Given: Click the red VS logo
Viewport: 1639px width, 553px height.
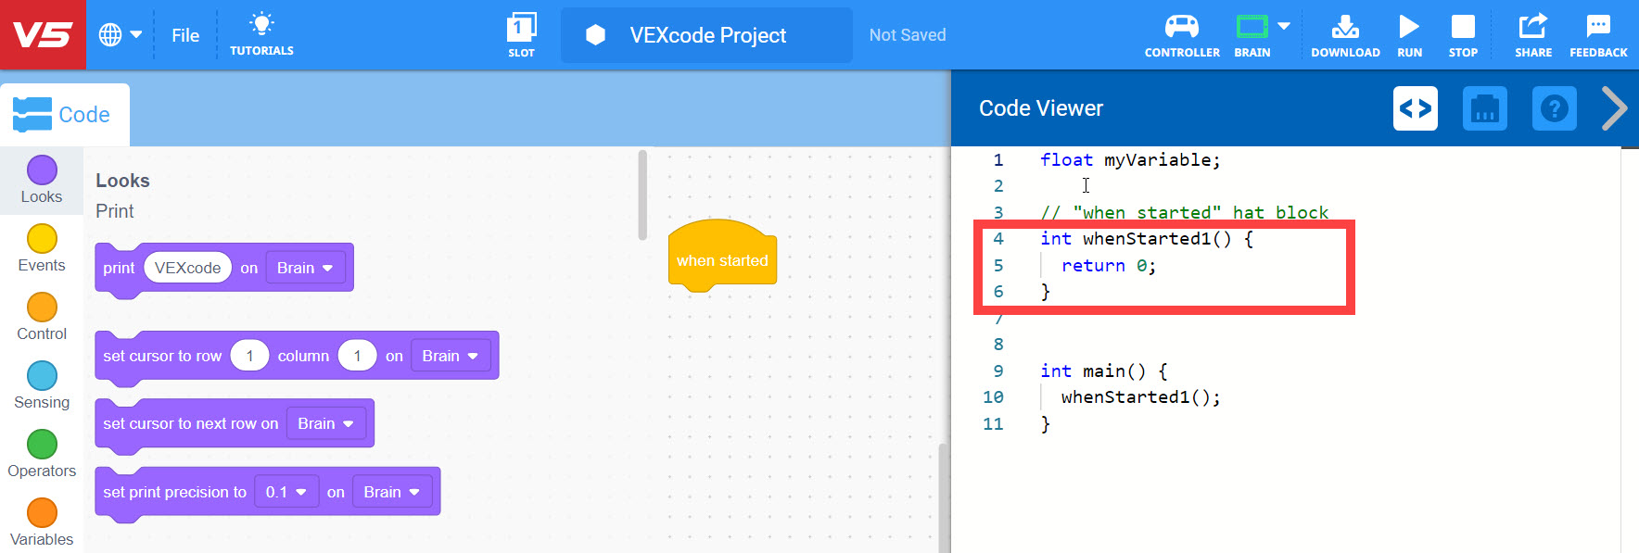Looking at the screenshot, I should pyautogui.click(x=43, y=35).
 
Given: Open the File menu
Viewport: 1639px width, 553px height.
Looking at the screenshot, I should pyautogui.click(x=185, y=35).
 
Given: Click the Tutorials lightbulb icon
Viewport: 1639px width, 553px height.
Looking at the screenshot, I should pyautogui.click(x=261, y=25).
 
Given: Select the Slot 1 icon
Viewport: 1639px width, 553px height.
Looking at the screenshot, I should pyautogui.click(x=521, y=27).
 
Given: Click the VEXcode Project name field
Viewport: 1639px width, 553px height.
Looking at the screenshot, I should pyautogui.click(x=707, y=35).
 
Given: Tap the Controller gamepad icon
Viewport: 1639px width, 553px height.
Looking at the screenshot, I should pyautogui.click(x=1181, y=26).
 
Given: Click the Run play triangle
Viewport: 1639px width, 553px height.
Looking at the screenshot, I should pyautogui.click(x=1409, y=26).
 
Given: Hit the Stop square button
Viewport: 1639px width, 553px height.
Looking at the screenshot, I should pyautogui.click(x=1463, y=26).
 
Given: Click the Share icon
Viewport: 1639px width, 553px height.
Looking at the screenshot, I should pyautogui.click(x=1532, y=26).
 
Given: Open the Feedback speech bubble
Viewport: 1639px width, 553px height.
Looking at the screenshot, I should pyautogui.click(x=1598, y=26).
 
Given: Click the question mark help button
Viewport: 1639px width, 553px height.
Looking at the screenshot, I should pyautogui.click(x=1554, y=108).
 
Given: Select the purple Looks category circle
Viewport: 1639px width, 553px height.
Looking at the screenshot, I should pyautogui.click(x=42, y=170).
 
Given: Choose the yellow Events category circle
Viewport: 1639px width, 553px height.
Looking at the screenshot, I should pyautogui.click(x=42, y=239).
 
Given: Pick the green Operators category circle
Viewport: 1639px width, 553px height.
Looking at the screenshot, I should pyautogui.click(x=42, y=445).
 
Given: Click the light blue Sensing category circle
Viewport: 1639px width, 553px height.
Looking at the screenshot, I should pyautogui.click(x=42, y=376).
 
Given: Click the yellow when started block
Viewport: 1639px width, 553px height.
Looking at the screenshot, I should pyautogui.click(x=722, y=259).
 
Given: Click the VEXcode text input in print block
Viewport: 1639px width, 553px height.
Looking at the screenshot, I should pyautogui.click(x=187, y=268).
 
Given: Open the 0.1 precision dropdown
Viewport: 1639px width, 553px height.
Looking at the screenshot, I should pyautogui.click(x=286, y=492).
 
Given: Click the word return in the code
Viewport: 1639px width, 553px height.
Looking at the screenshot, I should pyautogui.click(x=1093, y=266).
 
